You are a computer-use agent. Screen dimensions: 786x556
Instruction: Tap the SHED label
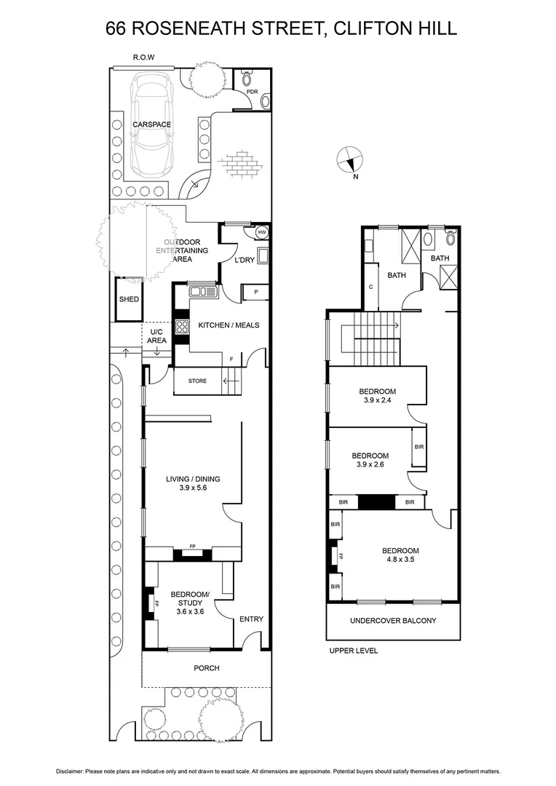pos(129,299)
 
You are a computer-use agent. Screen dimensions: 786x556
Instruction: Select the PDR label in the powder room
pos(252,92)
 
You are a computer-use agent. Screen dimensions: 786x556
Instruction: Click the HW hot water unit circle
pos(261,233)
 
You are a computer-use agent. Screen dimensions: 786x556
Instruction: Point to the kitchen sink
pos(203,292)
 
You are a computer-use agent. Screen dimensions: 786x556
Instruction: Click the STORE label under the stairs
pos(197,381)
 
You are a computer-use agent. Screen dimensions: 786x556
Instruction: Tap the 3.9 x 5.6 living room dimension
pos(193,489)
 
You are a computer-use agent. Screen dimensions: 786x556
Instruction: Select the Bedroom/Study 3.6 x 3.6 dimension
pos(189,612)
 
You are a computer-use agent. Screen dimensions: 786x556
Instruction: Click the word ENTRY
pos(251,619)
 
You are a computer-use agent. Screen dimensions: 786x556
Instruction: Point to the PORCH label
pos(206,668)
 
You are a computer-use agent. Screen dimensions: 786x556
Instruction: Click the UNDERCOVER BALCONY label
pos(393,621)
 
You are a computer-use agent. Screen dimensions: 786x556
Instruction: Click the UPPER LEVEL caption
pos(353,651)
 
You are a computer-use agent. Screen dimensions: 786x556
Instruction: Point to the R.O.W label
pos(143,57)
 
